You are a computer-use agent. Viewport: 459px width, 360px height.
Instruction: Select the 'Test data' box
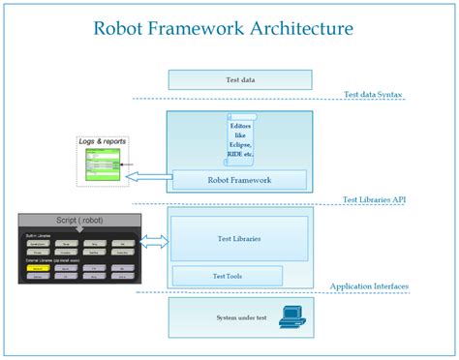point(239,79)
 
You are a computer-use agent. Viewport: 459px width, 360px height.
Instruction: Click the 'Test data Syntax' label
point(373,95)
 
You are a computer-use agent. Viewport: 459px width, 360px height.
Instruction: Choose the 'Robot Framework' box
point(239,179)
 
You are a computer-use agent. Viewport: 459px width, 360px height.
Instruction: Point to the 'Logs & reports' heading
point(102,142)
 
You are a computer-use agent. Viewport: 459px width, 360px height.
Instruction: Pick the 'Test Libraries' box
point(239,238)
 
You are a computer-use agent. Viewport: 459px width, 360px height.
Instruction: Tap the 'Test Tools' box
point(227,276)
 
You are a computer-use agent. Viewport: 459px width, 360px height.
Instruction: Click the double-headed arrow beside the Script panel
point(154,241)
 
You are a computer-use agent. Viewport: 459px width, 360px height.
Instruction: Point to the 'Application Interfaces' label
point(368,287)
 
